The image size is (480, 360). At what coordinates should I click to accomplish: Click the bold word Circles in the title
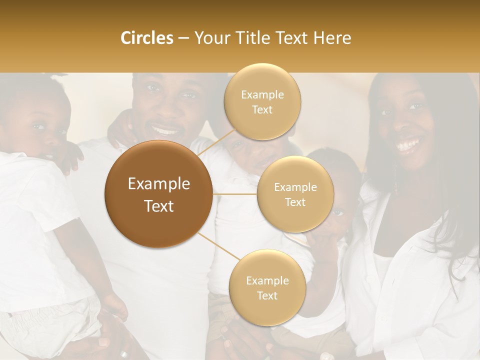[x=147, y=38]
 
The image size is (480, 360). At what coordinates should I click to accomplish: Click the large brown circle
[x=159, y=194]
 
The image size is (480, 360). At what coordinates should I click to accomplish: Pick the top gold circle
[x=262, y=101]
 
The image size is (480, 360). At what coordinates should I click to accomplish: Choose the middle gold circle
[x=295, y=194]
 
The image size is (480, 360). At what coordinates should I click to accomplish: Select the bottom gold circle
[x=267, y=287]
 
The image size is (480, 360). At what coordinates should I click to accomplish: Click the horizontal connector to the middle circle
[x=235, y=194]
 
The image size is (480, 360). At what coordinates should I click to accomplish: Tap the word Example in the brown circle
[x=159, y=184]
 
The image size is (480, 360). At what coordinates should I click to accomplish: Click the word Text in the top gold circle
[x=262, y=109]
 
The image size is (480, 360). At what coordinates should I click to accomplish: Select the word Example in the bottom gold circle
[x=267, y=280]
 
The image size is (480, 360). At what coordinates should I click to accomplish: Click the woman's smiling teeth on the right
[x=407, y=145]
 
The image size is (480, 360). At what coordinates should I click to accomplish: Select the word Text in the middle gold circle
[x=295, y=202]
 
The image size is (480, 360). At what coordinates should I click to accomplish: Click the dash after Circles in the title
[x=183, y=38]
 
